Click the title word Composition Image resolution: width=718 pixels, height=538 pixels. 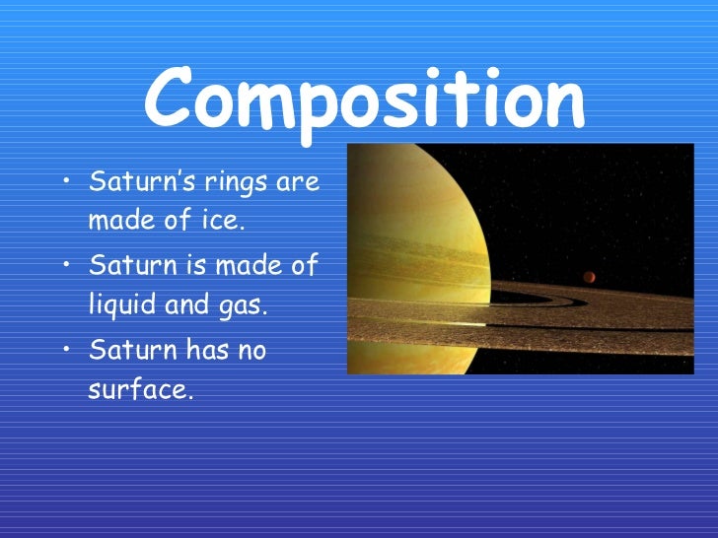coord(364,99)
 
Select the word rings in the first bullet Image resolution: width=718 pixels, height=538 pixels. coord(235,183)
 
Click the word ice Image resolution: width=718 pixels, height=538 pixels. coord(223,221)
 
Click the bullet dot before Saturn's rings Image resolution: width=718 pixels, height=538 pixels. coord(64,181)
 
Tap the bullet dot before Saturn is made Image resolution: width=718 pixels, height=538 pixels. coord(64,265)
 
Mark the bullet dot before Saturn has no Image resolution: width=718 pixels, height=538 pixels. coord(64,349)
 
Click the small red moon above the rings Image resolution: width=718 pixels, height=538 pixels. coord(590,277)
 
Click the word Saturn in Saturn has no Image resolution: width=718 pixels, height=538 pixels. coord(127,350)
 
